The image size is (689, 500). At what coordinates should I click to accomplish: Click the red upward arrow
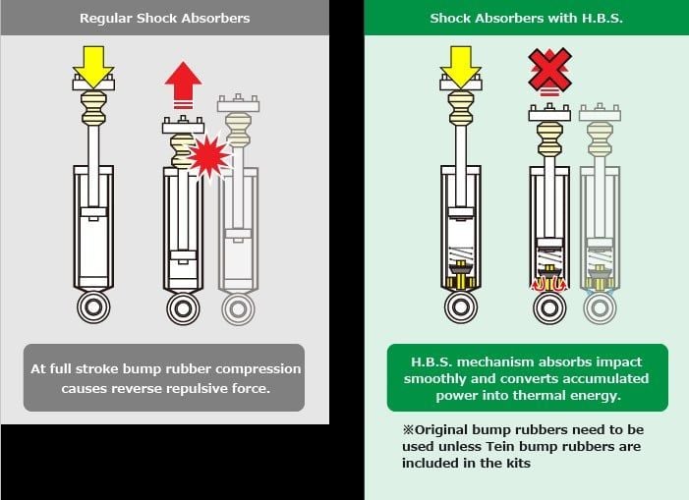point(183,83)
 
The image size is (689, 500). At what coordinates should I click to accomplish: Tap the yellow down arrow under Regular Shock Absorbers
point(93,66)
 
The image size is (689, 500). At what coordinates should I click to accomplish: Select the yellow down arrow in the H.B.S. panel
point(461,67)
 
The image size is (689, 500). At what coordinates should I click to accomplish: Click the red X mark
point(549,70)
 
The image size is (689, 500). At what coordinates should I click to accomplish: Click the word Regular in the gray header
point(106,19)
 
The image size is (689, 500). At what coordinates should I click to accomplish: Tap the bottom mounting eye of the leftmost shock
point(93,306)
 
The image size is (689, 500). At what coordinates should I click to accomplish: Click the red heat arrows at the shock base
point(549,284)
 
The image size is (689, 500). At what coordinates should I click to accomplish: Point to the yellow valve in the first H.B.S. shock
point(461,275)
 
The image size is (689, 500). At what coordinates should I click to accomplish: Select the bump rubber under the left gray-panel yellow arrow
point(93,107)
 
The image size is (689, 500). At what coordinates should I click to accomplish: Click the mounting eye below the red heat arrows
point(549,307)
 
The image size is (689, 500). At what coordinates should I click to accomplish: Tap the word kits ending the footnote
point(519,463)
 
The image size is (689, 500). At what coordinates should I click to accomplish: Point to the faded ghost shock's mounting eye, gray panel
point(238,308)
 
